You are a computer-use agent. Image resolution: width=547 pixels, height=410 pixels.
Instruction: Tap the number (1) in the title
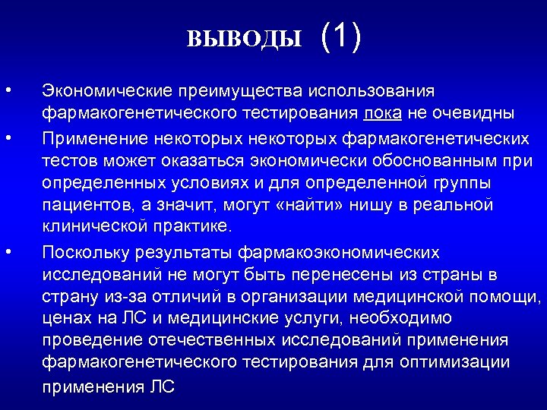[341, 36]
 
